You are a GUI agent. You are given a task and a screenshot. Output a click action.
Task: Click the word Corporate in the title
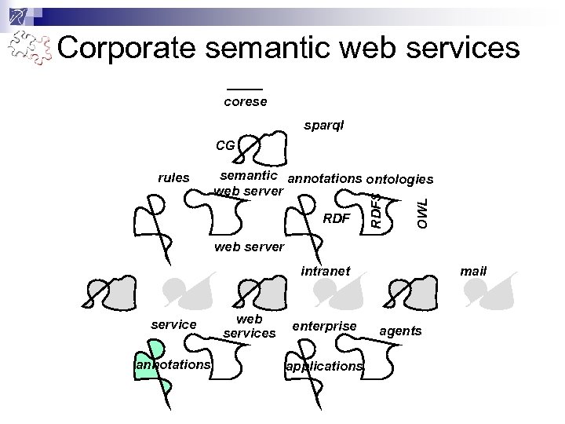click(126, 49)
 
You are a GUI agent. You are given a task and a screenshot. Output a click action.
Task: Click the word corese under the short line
click(245, 101)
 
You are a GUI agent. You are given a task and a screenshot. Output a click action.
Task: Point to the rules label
click(173, 177)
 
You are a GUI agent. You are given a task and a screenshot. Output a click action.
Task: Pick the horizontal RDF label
click(336, 217)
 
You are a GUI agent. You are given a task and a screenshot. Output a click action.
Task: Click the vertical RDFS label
click(377, 208)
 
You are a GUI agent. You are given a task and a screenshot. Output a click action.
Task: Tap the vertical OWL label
click(423, 213)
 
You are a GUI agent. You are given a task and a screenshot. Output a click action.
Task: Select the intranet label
click(326, 271)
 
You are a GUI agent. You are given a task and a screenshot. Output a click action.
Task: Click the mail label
click(473, 271)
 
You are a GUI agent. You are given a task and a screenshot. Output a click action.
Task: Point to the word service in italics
click(173, 324)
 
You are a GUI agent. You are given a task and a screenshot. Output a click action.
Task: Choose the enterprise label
click(324, 324)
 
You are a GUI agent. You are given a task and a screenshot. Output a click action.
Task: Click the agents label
click(400, 331)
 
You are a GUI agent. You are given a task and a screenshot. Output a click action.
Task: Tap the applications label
click(324, 366)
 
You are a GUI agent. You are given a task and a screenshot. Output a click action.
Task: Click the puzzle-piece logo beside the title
click(30, 49)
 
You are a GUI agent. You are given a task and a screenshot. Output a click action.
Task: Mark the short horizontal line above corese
click(245, 89)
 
